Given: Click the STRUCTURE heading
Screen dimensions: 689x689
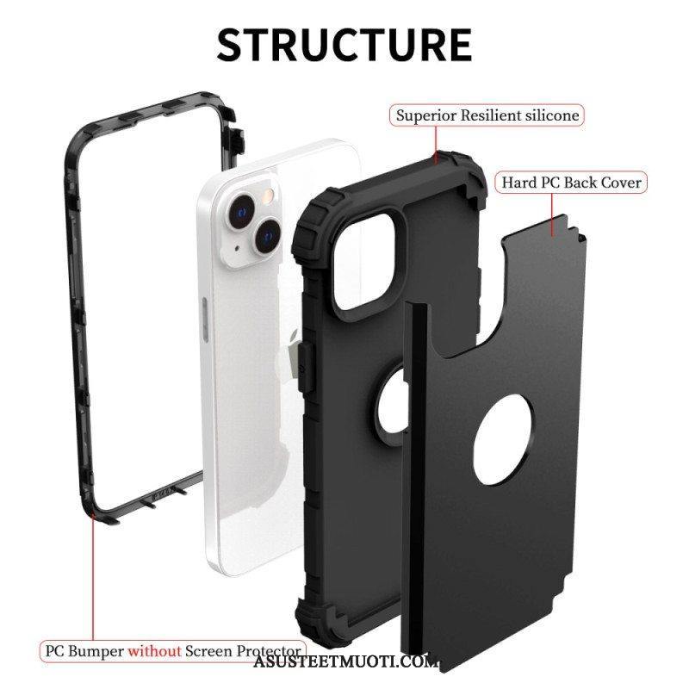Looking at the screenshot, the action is pos(344,45).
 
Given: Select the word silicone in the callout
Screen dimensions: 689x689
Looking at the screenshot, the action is pos(552,115).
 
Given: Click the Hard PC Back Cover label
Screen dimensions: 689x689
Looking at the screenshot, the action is pos(572,183).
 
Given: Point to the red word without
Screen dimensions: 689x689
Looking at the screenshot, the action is pos(154,651).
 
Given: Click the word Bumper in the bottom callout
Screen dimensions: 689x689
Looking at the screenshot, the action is pos(96,652).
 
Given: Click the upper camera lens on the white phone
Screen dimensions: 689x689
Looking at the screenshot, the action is pos(240,212).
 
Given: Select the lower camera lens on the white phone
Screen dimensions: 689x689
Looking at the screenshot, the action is pos(267,236).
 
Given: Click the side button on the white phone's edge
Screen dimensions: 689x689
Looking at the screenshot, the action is pos(205,320).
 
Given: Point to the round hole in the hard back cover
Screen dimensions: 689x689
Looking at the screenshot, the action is pos(504,439).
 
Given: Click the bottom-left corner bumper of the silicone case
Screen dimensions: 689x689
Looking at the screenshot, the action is pos(315,620).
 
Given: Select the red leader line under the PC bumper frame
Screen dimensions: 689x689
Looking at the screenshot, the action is pos(93,579).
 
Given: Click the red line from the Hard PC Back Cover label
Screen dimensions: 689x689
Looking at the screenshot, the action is pos(552,214).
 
